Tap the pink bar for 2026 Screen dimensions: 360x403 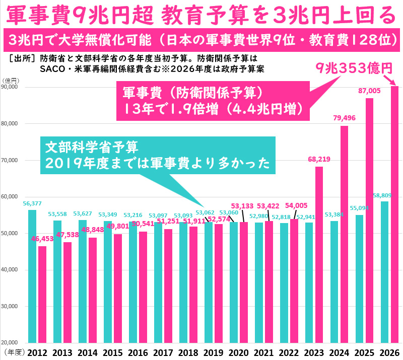tap(394, 217)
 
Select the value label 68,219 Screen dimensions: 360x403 tap(319, 159)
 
